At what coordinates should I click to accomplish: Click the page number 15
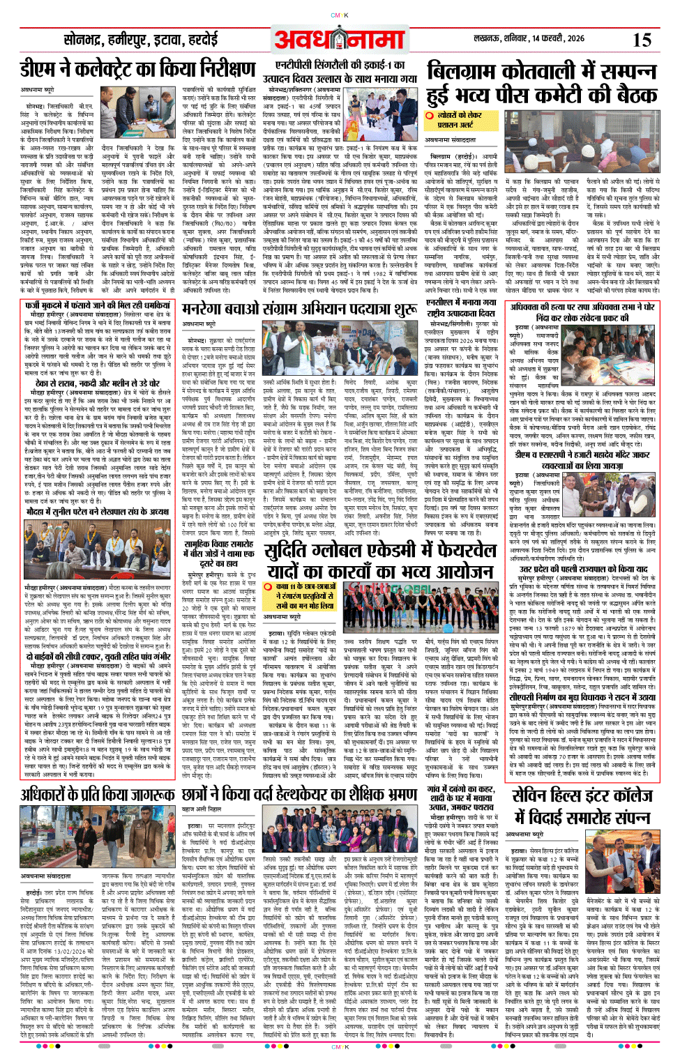pyautogui.click(x=641, y=40)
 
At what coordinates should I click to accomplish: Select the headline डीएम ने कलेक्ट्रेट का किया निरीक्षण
pyautogui.click(x=137, y=70)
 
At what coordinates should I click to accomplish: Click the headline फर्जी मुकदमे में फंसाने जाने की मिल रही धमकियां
pyautogui.click(x=97, y=305)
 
